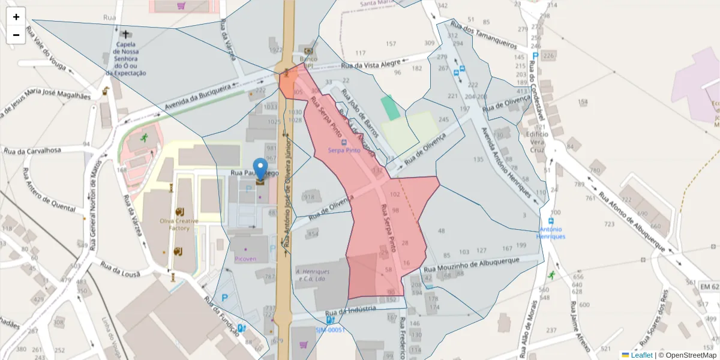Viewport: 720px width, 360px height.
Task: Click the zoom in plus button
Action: [16, 17]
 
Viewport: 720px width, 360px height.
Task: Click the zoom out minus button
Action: [16, 35]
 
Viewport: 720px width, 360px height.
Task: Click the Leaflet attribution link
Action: [641, 355]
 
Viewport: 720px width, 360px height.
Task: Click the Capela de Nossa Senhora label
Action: [126, 59]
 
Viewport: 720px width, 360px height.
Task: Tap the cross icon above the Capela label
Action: [126, 35]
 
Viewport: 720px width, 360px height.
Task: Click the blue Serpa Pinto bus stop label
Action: [344, 151]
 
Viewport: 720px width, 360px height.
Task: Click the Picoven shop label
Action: [246, 259]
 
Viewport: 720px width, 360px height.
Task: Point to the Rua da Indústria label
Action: [350, 311]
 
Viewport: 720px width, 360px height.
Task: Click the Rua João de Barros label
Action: [358, 114]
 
